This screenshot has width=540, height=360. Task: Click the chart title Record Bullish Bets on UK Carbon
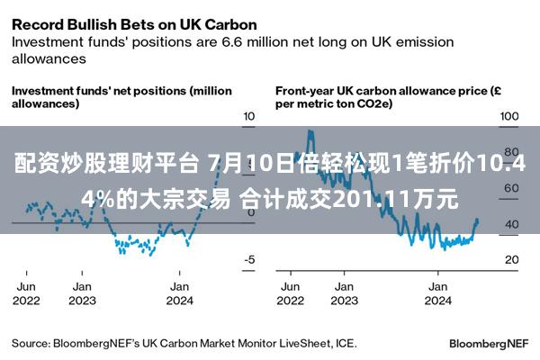click(134, 25)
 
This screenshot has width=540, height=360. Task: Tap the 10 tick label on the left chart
click(249, 116)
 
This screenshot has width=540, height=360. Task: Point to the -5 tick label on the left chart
click(249, 259)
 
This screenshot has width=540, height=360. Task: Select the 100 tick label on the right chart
click(509, 116)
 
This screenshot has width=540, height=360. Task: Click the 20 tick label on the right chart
click(512, 259)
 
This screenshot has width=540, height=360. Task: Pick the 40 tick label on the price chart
click(512, 224)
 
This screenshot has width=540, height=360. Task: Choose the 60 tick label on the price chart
click(512, 188)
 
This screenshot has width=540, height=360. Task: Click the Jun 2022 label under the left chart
click(26, 293)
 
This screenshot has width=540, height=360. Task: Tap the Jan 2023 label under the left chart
click(82, 293)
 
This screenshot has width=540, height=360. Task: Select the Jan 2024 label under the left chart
click(179, 293)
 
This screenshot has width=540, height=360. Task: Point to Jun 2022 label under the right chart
click(291, 293)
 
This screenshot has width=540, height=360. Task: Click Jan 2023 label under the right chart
click(345, 293)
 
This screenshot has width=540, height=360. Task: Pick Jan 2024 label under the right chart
click(437, 293)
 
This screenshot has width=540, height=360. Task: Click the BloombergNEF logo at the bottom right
click(489, 344)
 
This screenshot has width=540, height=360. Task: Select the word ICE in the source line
click(346, 344)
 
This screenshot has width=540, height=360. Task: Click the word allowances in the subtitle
click(49, 58)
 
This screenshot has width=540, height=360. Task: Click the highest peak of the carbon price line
click(310, 130)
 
